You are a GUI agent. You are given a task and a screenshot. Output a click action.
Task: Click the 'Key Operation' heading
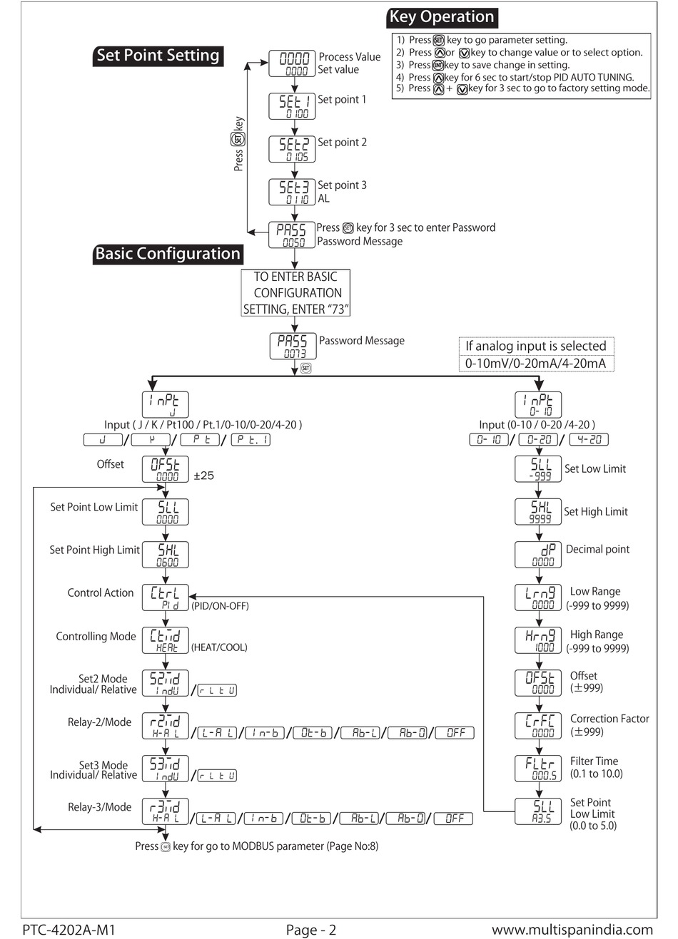[x=442, y=17]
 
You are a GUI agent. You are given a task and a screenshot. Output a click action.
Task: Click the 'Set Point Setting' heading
[x=158, y=56]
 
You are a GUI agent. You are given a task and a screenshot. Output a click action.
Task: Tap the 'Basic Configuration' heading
[x=168, y=254]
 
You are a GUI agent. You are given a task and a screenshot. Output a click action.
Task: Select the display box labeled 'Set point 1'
[x=293, y=106]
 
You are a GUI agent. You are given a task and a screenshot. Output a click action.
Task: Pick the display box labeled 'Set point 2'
[x=293, y=149]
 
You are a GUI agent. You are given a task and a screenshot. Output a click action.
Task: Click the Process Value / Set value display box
[x=293, y=63]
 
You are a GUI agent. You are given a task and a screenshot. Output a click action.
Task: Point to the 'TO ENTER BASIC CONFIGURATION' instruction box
[x=296, y=292]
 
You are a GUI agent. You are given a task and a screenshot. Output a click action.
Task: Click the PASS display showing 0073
[x=293, y=346]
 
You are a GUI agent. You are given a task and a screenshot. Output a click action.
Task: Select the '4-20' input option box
[x=589, y=440]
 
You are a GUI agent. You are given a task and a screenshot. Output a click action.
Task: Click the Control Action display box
[x=165, y=597]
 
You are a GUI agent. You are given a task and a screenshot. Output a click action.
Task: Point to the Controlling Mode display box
[x=165, y=640]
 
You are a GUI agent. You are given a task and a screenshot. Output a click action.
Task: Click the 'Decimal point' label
[x=597, y=550]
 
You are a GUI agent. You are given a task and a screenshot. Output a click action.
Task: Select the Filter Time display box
[x=539, y=768]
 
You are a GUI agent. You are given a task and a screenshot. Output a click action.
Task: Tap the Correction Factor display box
[x=539, y=725]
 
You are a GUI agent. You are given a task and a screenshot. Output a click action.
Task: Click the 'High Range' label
[x=596, y=635]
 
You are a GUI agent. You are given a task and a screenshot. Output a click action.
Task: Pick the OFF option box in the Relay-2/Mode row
[x=455, y=732]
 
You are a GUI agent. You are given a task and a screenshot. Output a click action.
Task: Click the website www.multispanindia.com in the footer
[x=572, y=930]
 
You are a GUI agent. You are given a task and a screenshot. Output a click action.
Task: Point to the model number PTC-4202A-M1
[x=69, y=930]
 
